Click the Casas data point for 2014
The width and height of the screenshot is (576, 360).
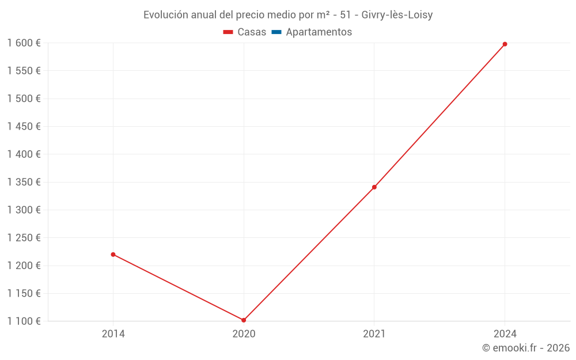coord(113,255)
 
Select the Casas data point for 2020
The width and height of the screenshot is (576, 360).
coord(244,320)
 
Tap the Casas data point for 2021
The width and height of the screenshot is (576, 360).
coord(374,187)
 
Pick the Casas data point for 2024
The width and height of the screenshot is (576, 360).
coord(505,44)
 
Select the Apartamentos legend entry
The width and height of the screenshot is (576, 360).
coord(319,32)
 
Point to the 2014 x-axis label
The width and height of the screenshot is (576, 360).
coord(113,334)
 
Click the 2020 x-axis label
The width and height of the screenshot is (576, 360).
coord(244,334)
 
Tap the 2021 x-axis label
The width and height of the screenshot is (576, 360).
coord(374,334)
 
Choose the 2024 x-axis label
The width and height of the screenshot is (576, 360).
coord(505,334)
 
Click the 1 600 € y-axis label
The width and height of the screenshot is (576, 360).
coord(24,43)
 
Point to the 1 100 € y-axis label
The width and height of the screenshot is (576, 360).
coord(24,321)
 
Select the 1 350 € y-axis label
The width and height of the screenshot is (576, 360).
coord(24,182)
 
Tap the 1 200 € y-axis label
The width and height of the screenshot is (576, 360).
coord(24,266)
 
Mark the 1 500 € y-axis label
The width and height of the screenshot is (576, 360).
coord(24,98)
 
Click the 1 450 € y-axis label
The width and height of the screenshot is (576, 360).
coord(24,126)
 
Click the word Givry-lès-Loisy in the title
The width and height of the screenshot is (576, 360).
coord(397,15)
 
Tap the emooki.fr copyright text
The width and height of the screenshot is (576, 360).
coord(526,348)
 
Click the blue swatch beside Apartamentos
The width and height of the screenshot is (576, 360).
coord(276,32)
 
